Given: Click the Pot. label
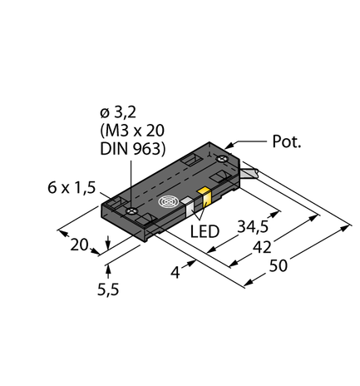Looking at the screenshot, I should click(x=285, y=142).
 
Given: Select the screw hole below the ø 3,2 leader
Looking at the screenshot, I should click(x=133, y=212).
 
